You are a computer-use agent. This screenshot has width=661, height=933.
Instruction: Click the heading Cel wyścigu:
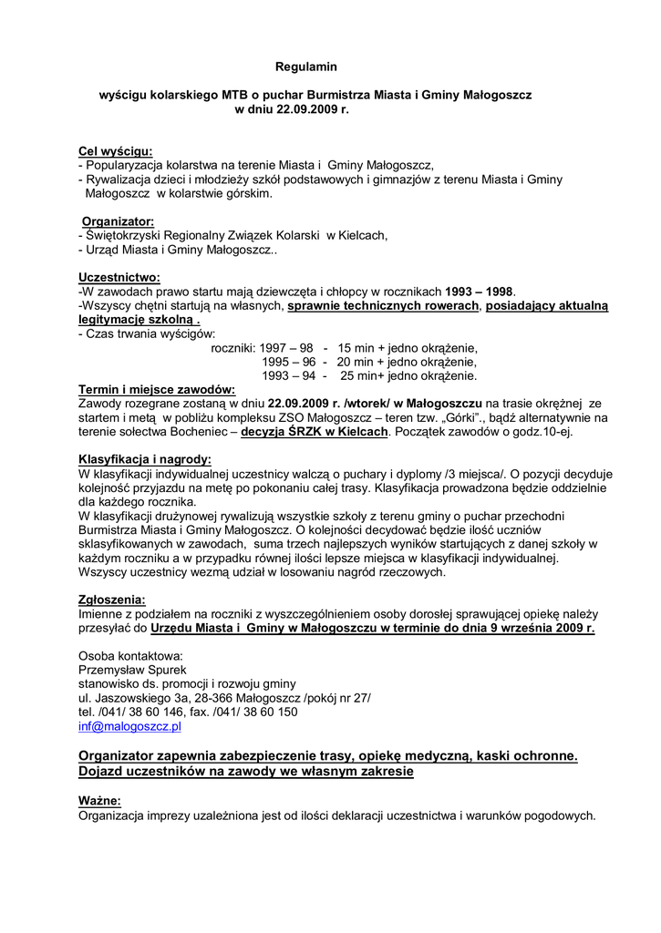[x=115, y=151]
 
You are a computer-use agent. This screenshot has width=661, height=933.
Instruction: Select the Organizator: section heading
[x=118, y=221]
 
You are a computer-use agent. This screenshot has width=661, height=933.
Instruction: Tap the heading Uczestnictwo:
[x=119, y=277]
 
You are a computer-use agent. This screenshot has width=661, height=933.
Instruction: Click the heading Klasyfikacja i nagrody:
[x=145, y=459]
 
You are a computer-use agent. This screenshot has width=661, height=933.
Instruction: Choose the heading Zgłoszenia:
[x=112, y=600]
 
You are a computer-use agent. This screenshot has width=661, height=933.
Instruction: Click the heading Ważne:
[x=99, y=801]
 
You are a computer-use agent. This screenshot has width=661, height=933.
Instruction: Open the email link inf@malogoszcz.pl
[x=130, y=726]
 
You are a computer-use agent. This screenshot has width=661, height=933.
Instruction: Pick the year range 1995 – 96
[x=288, y=362]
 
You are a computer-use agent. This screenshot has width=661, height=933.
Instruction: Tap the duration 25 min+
[x=363, y=375]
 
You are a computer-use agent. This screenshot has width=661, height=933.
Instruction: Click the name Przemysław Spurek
[x=132, y=668]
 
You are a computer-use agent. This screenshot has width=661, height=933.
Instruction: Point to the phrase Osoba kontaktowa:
[x=130, y=654]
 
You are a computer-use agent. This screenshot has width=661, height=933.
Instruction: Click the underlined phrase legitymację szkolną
[x=137, y=320]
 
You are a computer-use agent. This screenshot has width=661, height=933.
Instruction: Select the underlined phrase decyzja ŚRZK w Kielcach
[x=315, y=431]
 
